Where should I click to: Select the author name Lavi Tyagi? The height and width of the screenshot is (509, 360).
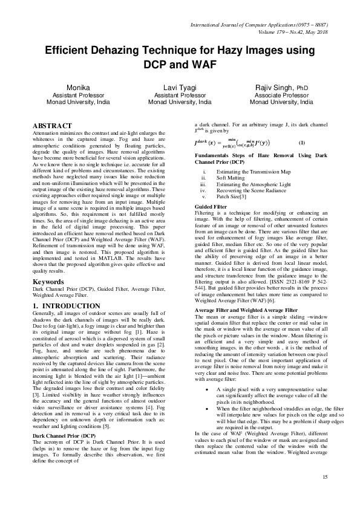pyautogui.click(x=180, y=88)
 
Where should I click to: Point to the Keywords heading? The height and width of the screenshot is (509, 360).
pyautogui.click(x=48, y=281)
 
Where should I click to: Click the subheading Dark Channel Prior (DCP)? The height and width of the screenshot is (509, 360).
pyautogui.click(x=64, y=435)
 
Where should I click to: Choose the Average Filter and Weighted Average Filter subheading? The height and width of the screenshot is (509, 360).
pyautogui.click(x=246, y=310)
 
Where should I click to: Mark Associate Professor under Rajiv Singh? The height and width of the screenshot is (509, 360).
pyautogui.click(x=277, y=96)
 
